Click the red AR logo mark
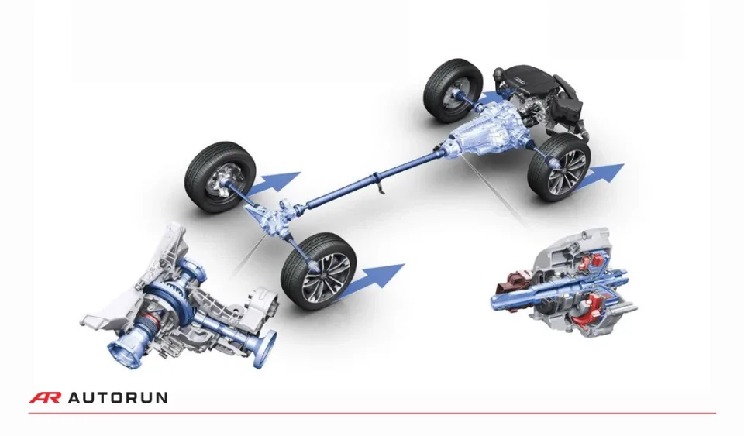click(44, 398)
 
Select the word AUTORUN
click(117, 398)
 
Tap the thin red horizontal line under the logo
click(372, 414)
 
